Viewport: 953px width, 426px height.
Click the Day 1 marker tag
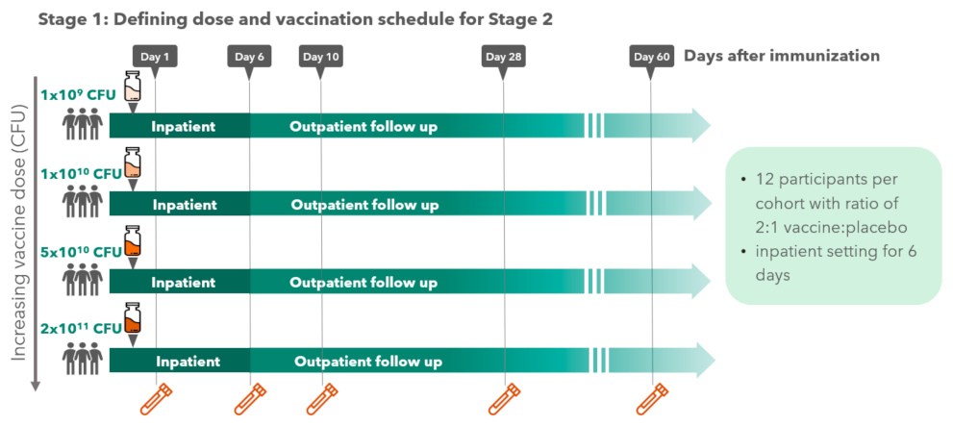(154, 57)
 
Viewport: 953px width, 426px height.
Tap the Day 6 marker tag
(248, 57)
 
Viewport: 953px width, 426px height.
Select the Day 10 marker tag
(320, 57)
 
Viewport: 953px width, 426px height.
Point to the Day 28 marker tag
(503, 57)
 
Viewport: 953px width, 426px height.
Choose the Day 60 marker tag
(651, 57)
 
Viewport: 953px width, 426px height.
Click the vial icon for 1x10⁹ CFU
(133, 87)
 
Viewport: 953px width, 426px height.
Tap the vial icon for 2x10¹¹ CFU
(133, 319)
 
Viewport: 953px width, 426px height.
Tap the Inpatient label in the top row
(183, 126)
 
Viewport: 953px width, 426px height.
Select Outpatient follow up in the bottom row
(367, 362)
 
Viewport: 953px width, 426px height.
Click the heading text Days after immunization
(781, 56)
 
